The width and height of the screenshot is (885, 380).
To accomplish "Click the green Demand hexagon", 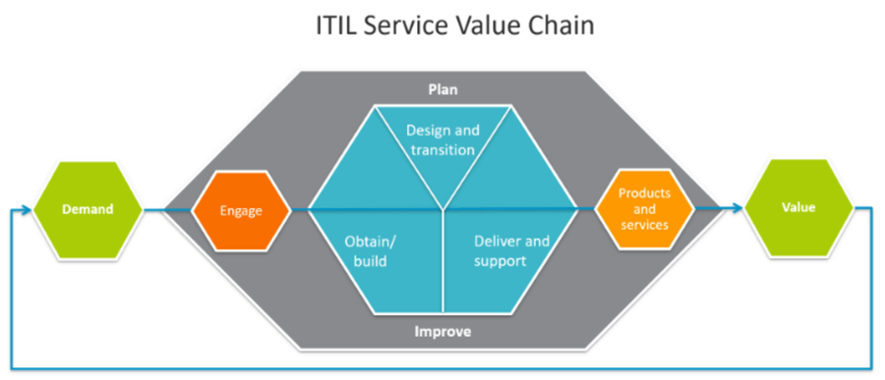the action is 88,210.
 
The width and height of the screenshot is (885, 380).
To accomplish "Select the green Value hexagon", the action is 798,208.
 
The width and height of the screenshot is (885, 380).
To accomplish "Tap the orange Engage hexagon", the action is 241,211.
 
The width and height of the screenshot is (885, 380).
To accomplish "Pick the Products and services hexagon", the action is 644,209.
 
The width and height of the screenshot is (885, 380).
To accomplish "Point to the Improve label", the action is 443,332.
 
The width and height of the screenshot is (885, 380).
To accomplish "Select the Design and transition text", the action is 443,140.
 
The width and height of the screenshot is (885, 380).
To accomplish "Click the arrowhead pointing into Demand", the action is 27,210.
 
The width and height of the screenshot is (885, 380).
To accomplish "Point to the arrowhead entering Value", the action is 737,209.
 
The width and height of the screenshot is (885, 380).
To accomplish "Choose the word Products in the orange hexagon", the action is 644,193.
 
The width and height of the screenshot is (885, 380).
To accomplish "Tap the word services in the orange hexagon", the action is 644,225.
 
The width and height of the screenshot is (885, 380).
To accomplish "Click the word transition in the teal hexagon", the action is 443,150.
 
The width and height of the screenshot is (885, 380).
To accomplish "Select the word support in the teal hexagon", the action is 501,261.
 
